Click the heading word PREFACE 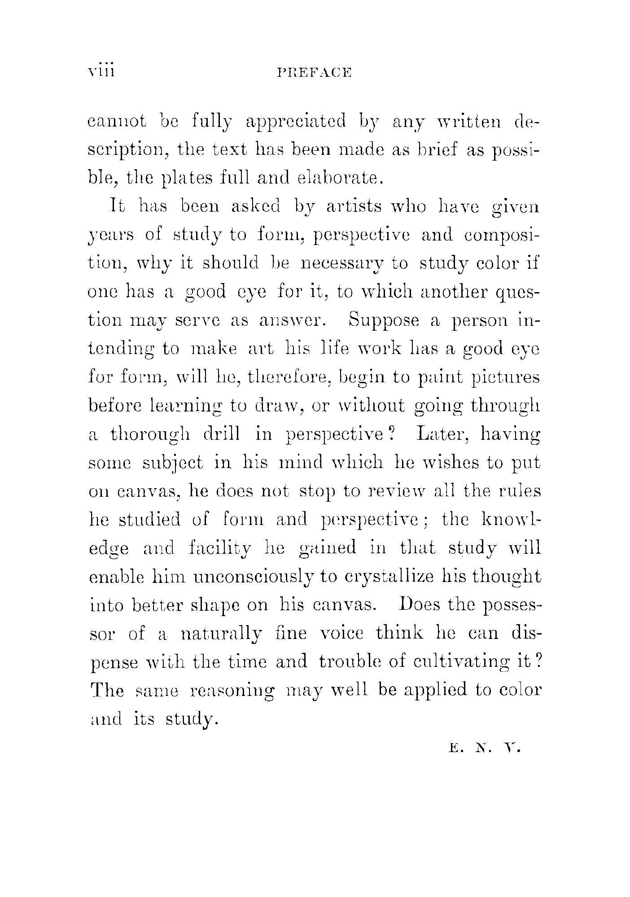point(314,72)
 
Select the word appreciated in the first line point(296,122)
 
